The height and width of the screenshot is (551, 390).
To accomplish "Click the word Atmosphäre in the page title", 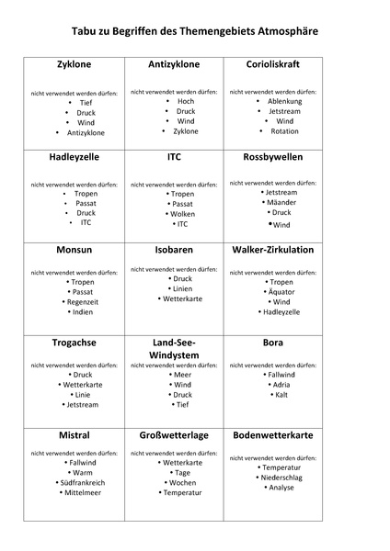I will (x=284, y=30).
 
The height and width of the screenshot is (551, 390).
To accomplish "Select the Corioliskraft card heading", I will (x=273, y=64).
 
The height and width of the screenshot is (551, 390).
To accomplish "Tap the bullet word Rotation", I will (x=284, y=131).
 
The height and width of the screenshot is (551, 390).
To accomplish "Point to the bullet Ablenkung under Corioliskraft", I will (x=284, y=101).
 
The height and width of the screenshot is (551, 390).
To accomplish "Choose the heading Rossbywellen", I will (x=273, y=157).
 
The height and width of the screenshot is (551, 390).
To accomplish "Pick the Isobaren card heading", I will (x=174, y=250).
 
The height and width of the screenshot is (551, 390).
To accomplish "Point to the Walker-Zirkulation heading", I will (x=273, y=250).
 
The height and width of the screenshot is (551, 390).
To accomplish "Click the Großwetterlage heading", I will (x=174, y=435).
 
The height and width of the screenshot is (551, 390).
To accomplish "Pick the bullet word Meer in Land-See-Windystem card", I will (x=182, y=374).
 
